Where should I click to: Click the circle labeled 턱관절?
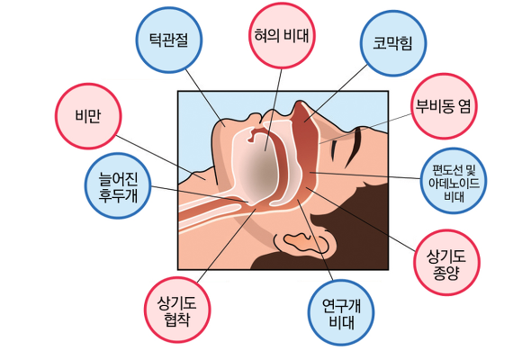[x=169, y=40]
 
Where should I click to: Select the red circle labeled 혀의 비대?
[x=282, y=36]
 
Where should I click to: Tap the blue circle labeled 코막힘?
[x=393, y=43]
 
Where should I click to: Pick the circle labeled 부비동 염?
[x=444, y=106]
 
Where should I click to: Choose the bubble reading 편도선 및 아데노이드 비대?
[x=454, y=181]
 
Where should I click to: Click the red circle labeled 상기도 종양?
[x=446, y=263]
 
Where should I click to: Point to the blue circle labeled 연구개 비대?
[x=341, y=312]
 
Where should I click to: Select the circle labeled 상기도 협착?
[x=177, y=310]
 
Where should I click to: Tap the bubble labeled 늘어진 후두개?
[x=118, y=185]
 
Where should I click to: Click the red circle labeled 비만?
[x=88, y=116]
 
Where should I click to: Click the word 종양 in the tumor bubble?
[x=446, y=272]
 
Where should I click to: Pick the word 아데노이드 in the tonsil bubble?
[x=454, y=183]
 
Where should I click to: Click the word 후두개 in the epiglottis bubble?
[x=118, y=194]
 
